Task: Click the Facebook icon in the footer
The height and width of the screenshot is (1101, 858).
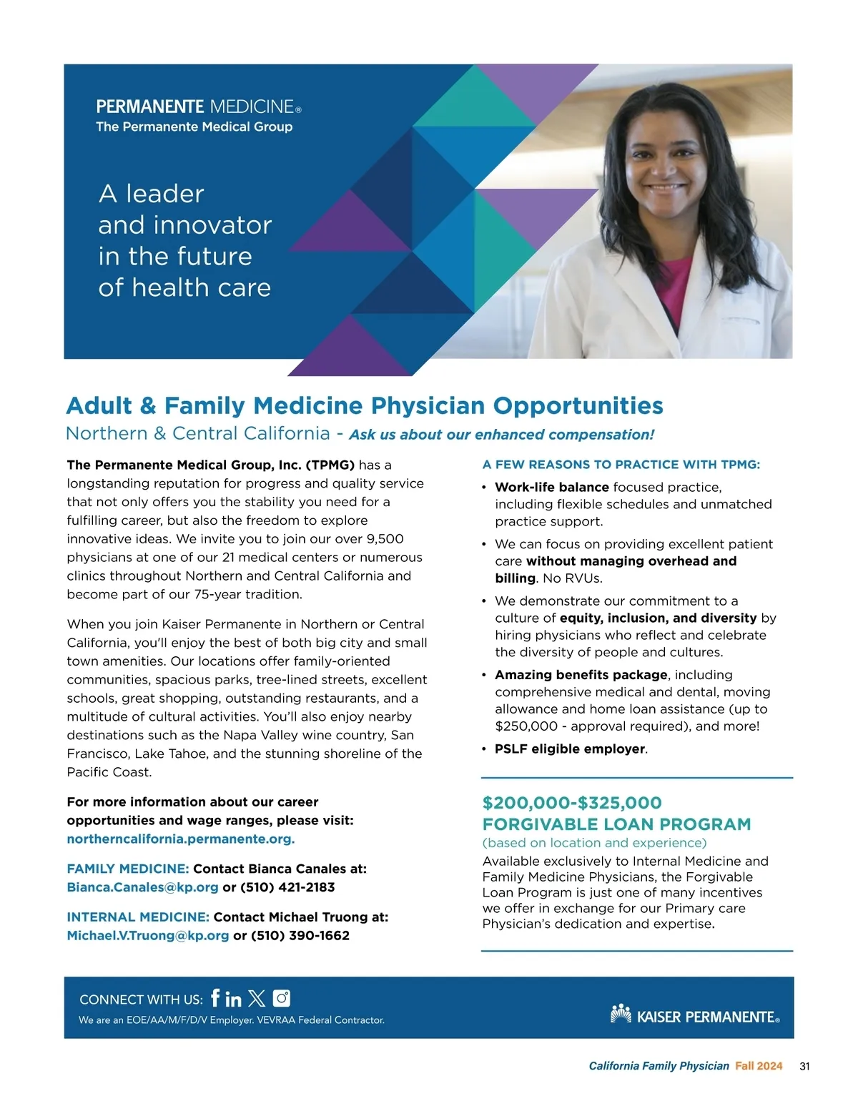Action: click(215, 997)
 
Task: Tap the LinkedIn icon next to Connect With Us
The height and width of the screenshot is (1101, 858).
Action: click(233, 998)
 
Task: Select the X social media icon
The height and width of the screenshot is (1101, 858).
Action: click(257, 998)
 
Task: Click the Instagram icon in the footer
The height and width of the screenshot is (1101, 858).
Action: click(282, 997)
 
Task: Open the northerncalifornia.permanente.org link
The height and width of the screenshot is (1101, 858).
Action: click(181, 839)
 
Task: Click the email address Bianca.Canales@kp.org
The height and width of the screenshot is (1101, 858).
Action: click(142, 887)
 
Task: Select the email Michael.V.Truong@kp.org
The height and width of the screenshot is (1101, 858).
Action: click(148, 935)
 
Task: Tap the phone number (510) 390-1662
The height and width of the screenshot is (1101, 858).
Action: click(300, 935)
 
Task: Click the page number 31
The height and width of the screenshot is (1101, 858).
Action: click(805, 1066)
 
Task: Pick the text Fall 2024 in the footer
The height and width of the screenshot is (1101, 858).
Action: click(759, 1066)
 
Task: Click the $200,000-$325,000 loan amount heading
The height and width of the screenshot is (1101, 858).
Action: click(572, 803)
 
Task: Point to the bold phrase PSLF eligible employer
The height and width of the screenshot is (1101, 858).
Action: click(570, 749)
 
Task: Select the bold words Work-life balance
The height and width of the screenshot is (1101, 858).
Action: click(551, 487)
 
